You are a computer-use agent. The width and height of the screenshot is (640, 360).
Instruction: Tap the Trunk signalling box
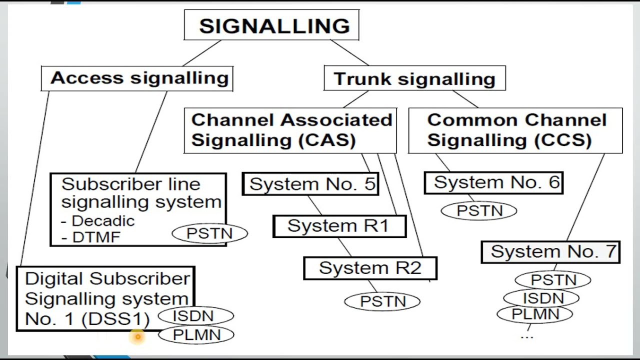click(414, 79)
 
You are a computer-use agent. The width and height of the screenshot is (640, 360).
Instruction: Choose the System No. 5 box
click(311, 184)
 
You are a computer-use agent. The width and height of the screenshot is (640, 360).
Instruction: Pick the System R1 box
click(339, 226)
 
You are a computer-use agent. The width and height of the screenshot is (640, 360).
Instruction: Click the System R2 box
click(370, 268)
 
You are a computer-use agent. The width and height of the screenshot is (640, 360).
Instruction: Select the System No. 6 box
click(494, 182)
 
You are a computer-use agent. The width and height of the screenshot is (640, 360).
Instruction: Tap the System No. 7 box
click(550, 251)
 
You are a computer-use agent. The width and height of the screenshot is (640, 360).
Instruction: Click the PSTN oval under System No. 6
click(479, 210)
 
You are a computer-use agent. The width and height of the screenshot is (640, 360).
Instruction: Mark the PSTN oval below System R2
click(382, 301)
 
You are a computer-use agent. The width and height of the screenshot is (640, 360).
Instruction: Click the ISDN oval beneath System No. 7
click(542, 298)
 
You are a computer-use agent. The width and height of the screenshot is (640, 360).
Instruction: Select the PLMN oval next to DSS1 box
click(196, 335)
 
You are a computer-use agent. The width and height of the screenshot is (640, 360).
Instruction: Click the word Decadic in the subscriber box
click(102, 220)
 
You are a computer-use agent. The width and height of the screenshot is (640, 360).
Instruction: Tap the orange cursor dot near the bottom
click(137, 337)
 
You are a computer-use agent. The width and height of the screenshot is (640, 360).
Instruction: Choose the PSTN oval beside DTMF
click(209, 233)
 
